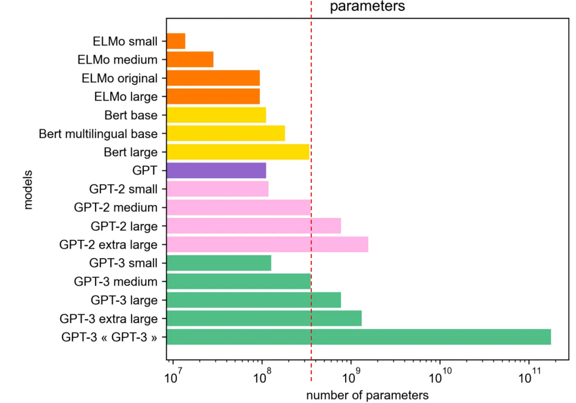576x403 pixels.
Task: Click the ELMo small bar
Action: [x=176, y=41]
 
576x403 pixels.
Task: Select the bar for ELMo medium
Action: [x=190, y=60]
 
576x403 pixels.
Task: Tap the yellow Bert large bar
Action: [x=238, y=152]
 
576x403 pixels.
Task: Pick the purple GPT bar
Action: [x=216, y=170]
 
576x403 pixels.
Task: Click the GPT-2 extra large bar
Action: [x=267, y=245]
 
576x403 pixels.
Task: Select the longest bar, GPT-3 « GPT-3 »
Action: [x=358, y=337]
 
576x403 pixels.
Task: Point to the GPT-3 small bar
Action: [x=219, y=263]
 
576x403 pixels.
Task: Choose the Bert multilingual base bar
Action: [x=226, y=133]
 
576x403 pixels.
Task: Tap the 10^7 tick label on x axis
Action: [x=173, y=377]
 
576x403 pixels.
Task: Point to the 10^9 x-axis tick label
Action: [x=351, y=377]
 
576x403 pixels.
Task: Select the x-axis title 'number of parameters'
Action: [x=367, y=396]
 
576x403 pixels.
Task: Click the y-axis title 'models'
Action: [x=28, y=190]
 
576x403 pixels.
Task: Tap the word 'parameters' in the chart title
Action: [x=367, y=6]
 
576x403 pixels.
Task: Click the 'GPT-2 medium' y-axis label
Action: [x=116, y=207]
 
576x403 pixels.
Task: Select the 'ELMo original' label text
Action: [x=119, y=78]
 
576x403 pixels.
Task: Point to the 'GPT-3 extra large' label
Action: [x=109, y=319]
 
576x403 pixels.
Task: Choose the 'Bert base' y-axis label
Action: [x=131, y=115]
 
